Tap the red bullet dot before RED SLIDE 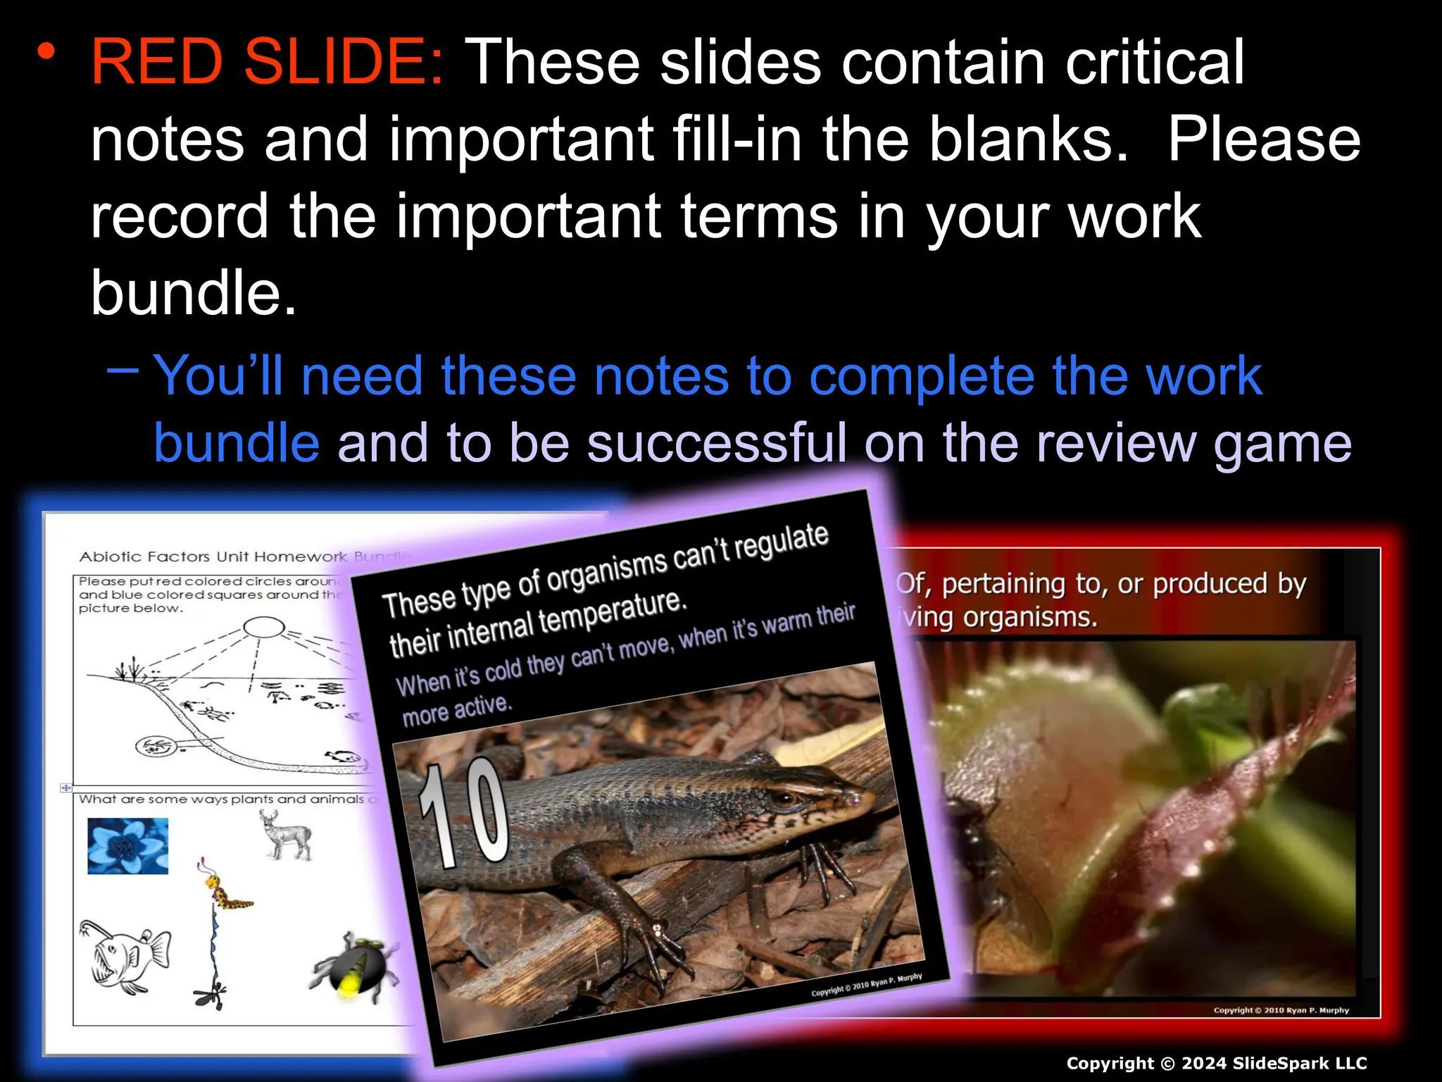point(46,51)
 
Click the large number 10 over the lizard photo point(465,814)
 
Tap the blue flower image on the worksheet point(127,845)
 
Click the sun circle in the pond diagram point(263,626)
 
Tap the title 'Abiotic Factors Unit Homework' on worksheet point(213,556)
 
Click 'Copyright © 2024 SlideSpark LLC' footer point(1216,1063)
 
